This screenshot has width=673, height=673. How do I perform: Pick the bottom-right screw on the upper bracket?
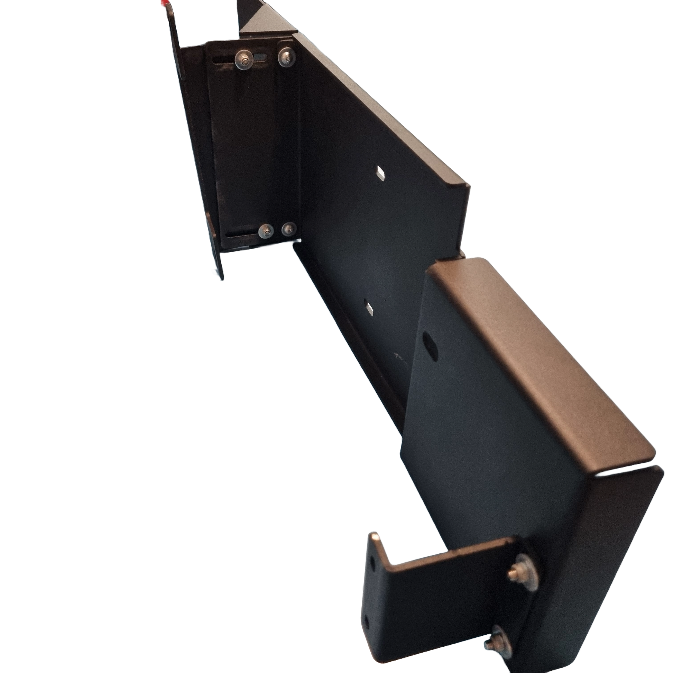(x=288, y=229)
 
